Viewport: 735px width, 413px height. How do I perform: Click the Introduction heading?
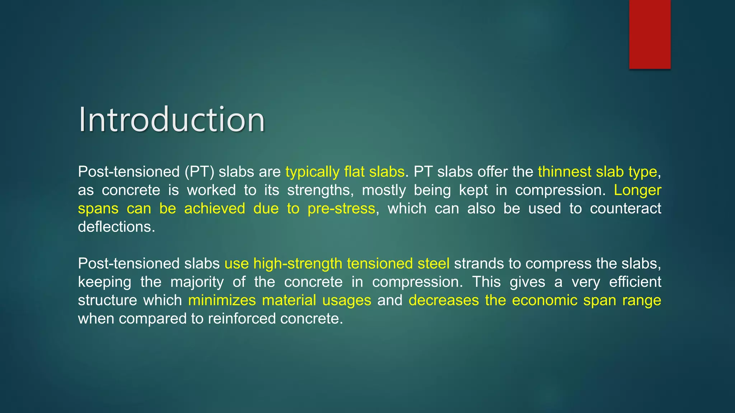pyautogui.click(x=172, y=120)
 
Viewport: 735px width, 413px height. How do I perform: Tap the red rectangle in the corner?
pyautogui.click(x=650, y=34)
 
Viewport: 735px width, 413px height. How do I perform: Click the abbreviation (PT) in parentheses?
pyautogui.click(x=199, y=172)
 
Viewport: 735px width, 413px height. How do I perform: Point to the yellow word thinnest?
pyautogui.click(x=565, y=172)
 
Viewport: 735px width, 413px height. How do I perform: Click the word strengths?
pyautogui.click(x=319, y=190)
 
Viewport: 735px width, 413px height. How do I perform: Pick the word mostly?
pyautogui.click(x=384, y=190)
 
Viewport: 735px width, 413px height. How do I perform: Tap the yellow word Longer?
pyautogui.click(x=637, y=190)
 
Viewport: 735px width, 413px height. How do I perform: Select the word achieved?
pyautogui.click(x=214, y=209)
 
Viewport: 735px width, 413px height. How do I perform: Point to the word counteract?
pyautogui.click(x=625, y=209)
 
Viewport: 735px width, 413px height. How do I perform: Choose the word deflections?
pyautogui.click(x=116, y=227)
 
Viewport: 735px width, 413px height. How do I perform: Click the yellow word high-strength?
pyautogui.click(x=298, y=264)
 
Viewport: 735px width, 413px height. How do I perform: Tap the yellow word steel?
pyautogui.click(x=433, y=264)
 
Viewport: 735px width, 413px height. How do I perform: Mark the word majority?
pyautogui.click(x=197, y=282)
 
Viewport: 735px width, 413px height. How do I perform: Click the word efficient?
pyautogui.click(x=635, y=282)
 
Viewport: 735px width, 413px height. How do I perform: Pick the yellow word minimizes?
pyautogui.click(x=222, y=300)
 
